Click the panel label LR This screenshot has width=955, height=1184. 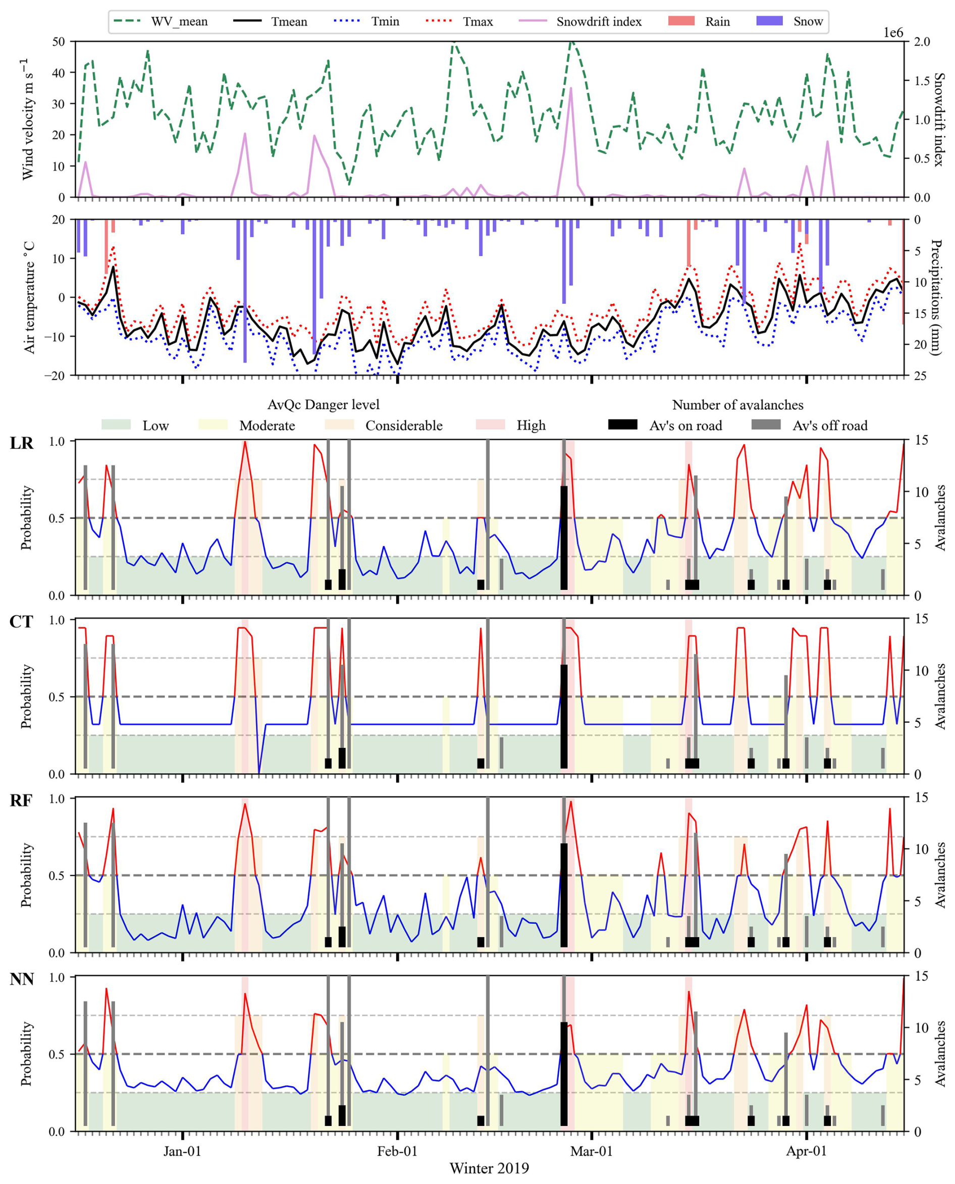[22, 443]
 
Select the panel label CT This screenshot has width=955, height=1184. [22, 622]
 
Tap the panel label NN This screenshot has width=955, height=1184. [22, 980]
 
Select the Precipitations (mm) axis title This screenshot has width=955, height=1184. [937, 297]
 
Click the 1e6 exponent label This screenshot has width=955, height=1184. [893, 33]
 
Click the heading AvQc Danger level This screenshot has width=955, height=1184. [324, 405]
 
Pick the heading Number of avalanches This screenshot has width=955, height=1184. [738, 405]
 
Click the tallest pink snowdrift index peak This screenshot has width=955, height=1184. [571, 88]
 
